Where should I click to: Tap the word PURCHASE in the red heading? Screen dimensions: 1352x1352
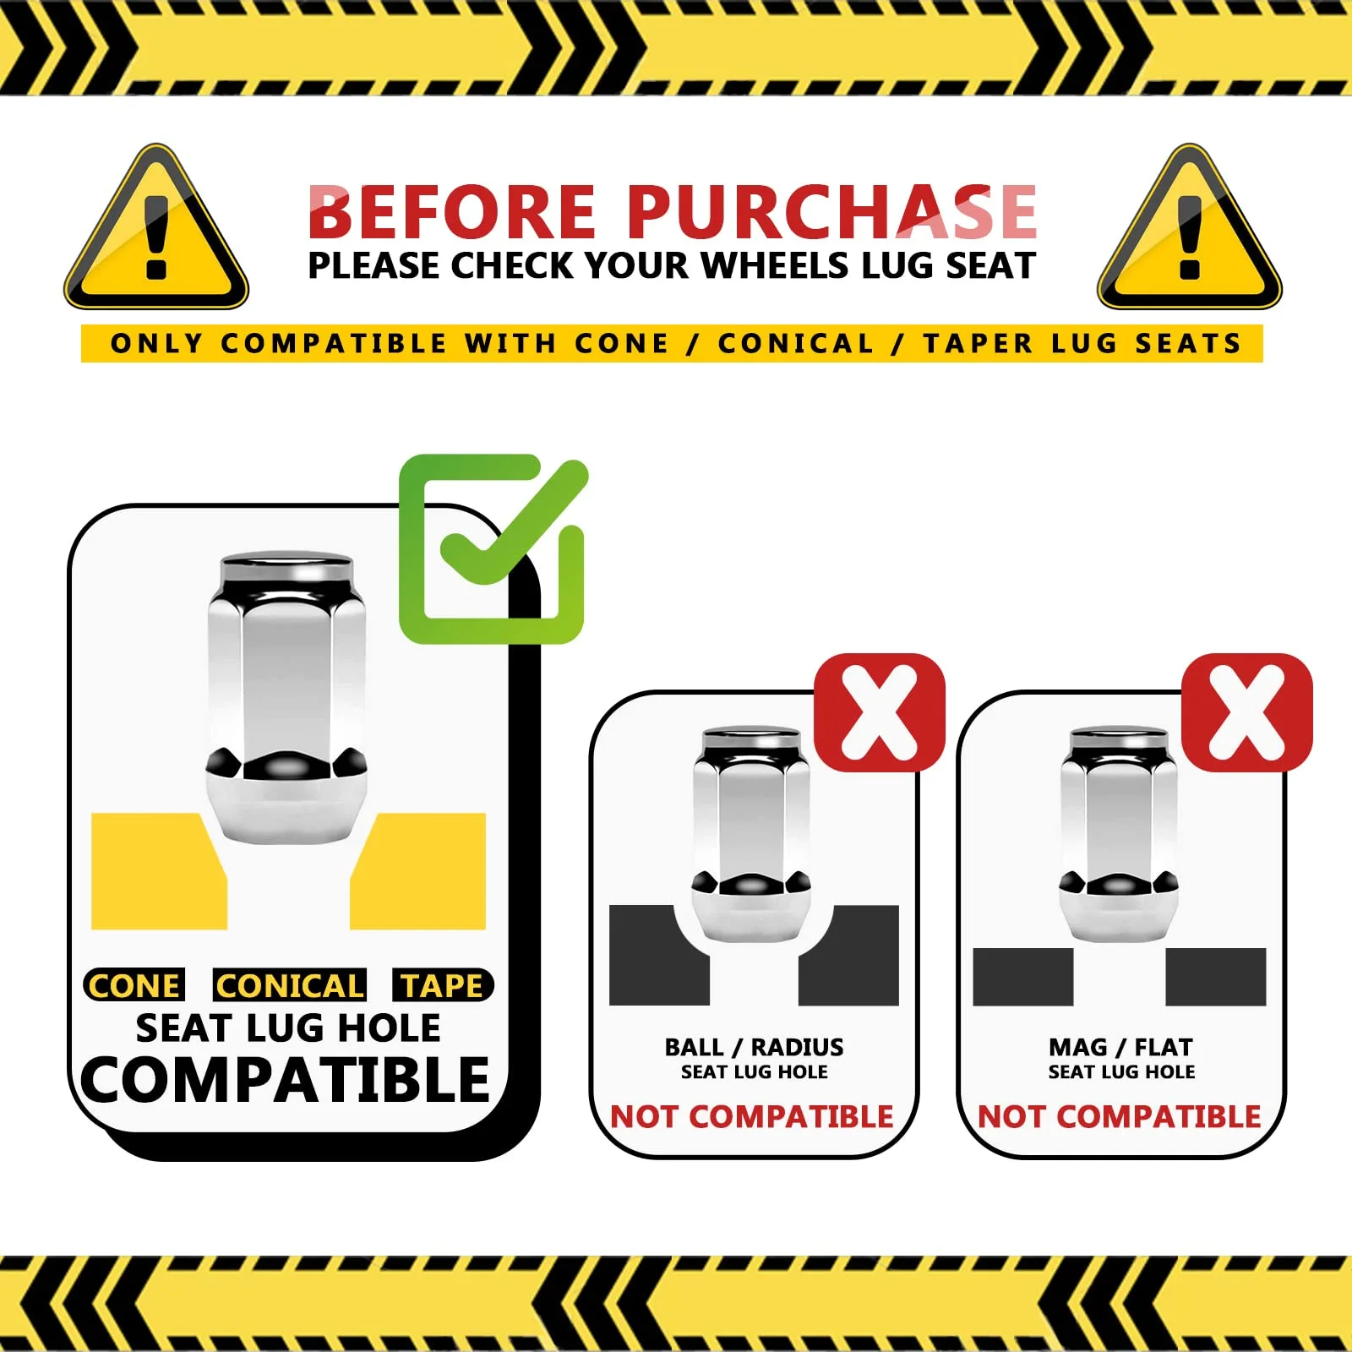pos(831,211)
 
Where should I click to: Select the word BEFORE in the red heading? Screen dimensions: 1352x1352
pos(452,211)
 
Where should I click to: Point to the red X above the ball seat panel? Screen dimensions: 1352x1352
pos(880,712)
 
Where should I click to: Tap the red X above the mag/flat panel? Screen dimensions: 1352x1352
pos(1247,712)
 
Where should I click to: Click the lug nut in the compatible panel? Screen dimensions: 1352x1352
pos(287,698)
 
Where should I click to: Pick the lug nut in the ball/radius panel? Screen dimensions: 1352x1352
pos(751,833)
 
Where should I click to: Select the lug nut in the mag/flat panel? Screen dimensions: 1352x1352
pos(1119,833)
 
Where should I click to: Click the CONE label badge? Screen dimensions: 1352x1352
pos(134,985)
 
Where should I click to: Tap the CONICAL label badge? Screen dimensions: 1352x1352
pos(290,985)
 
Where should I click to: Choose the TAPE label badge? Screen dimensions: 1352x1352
pos(443,985)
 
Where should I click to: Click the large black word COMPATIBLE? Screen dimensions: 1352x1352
pos(286,1080)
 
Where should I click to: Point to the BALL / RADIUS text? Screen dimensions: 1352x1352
pos(754,1047)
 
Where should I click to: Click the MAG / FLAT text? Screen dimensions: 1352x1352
pos(1120,1047)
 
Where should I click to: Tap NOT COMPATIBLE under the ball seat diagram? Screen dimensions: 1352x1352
pos(751,1117)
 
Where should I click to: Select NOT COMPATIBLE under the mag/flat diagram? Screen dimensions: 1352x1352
pos(1119,1117)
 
